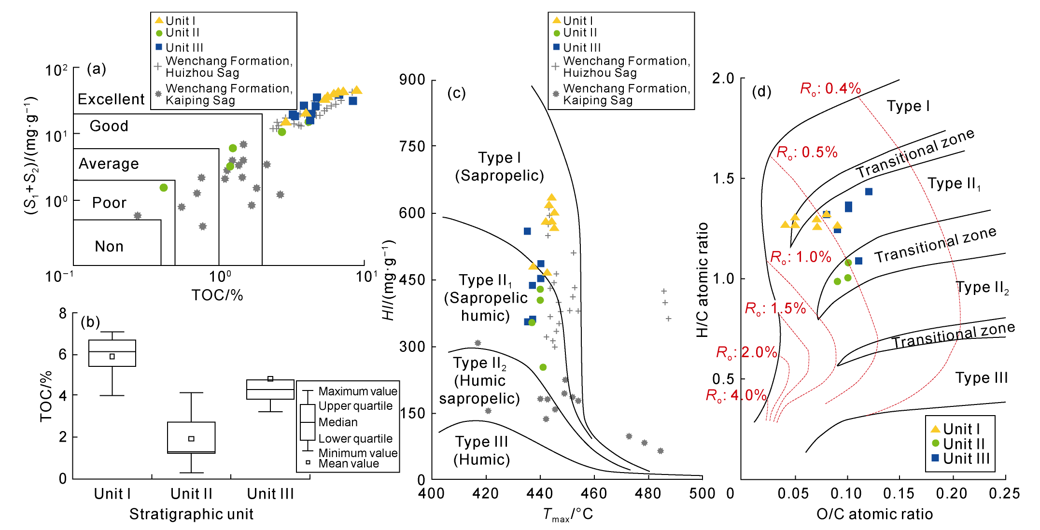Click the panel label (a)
tap(96, 69)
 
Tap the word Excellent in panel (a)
tap(111, 99)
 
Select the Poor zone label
tap(109, 203)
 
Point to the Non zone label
tap(109, 247)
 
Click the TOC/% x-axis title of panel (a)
tap(217, 295)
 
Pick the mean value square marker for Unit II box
tap(191, 439)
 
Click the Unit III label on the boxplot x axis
tap(270, 494)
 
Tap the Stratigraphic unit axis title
tap(191, 514)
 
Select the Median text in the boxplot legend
tap(338, 422)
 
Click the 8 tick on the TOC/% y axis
tap(63, 314)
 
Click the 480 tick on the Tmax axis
tap(648, 493)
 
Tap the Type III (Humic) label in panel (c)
tap(481, 450)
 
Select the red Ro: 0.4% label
tap(830, 88)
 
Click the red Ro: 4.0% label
tap(736, 395)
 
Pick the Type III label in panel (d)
tap(982, 378)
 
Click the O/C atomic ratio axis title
tap(874, 514)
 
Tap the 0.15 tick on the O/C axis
tap(899, 493)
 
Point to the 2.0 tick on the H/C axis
tap(723, 79)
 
